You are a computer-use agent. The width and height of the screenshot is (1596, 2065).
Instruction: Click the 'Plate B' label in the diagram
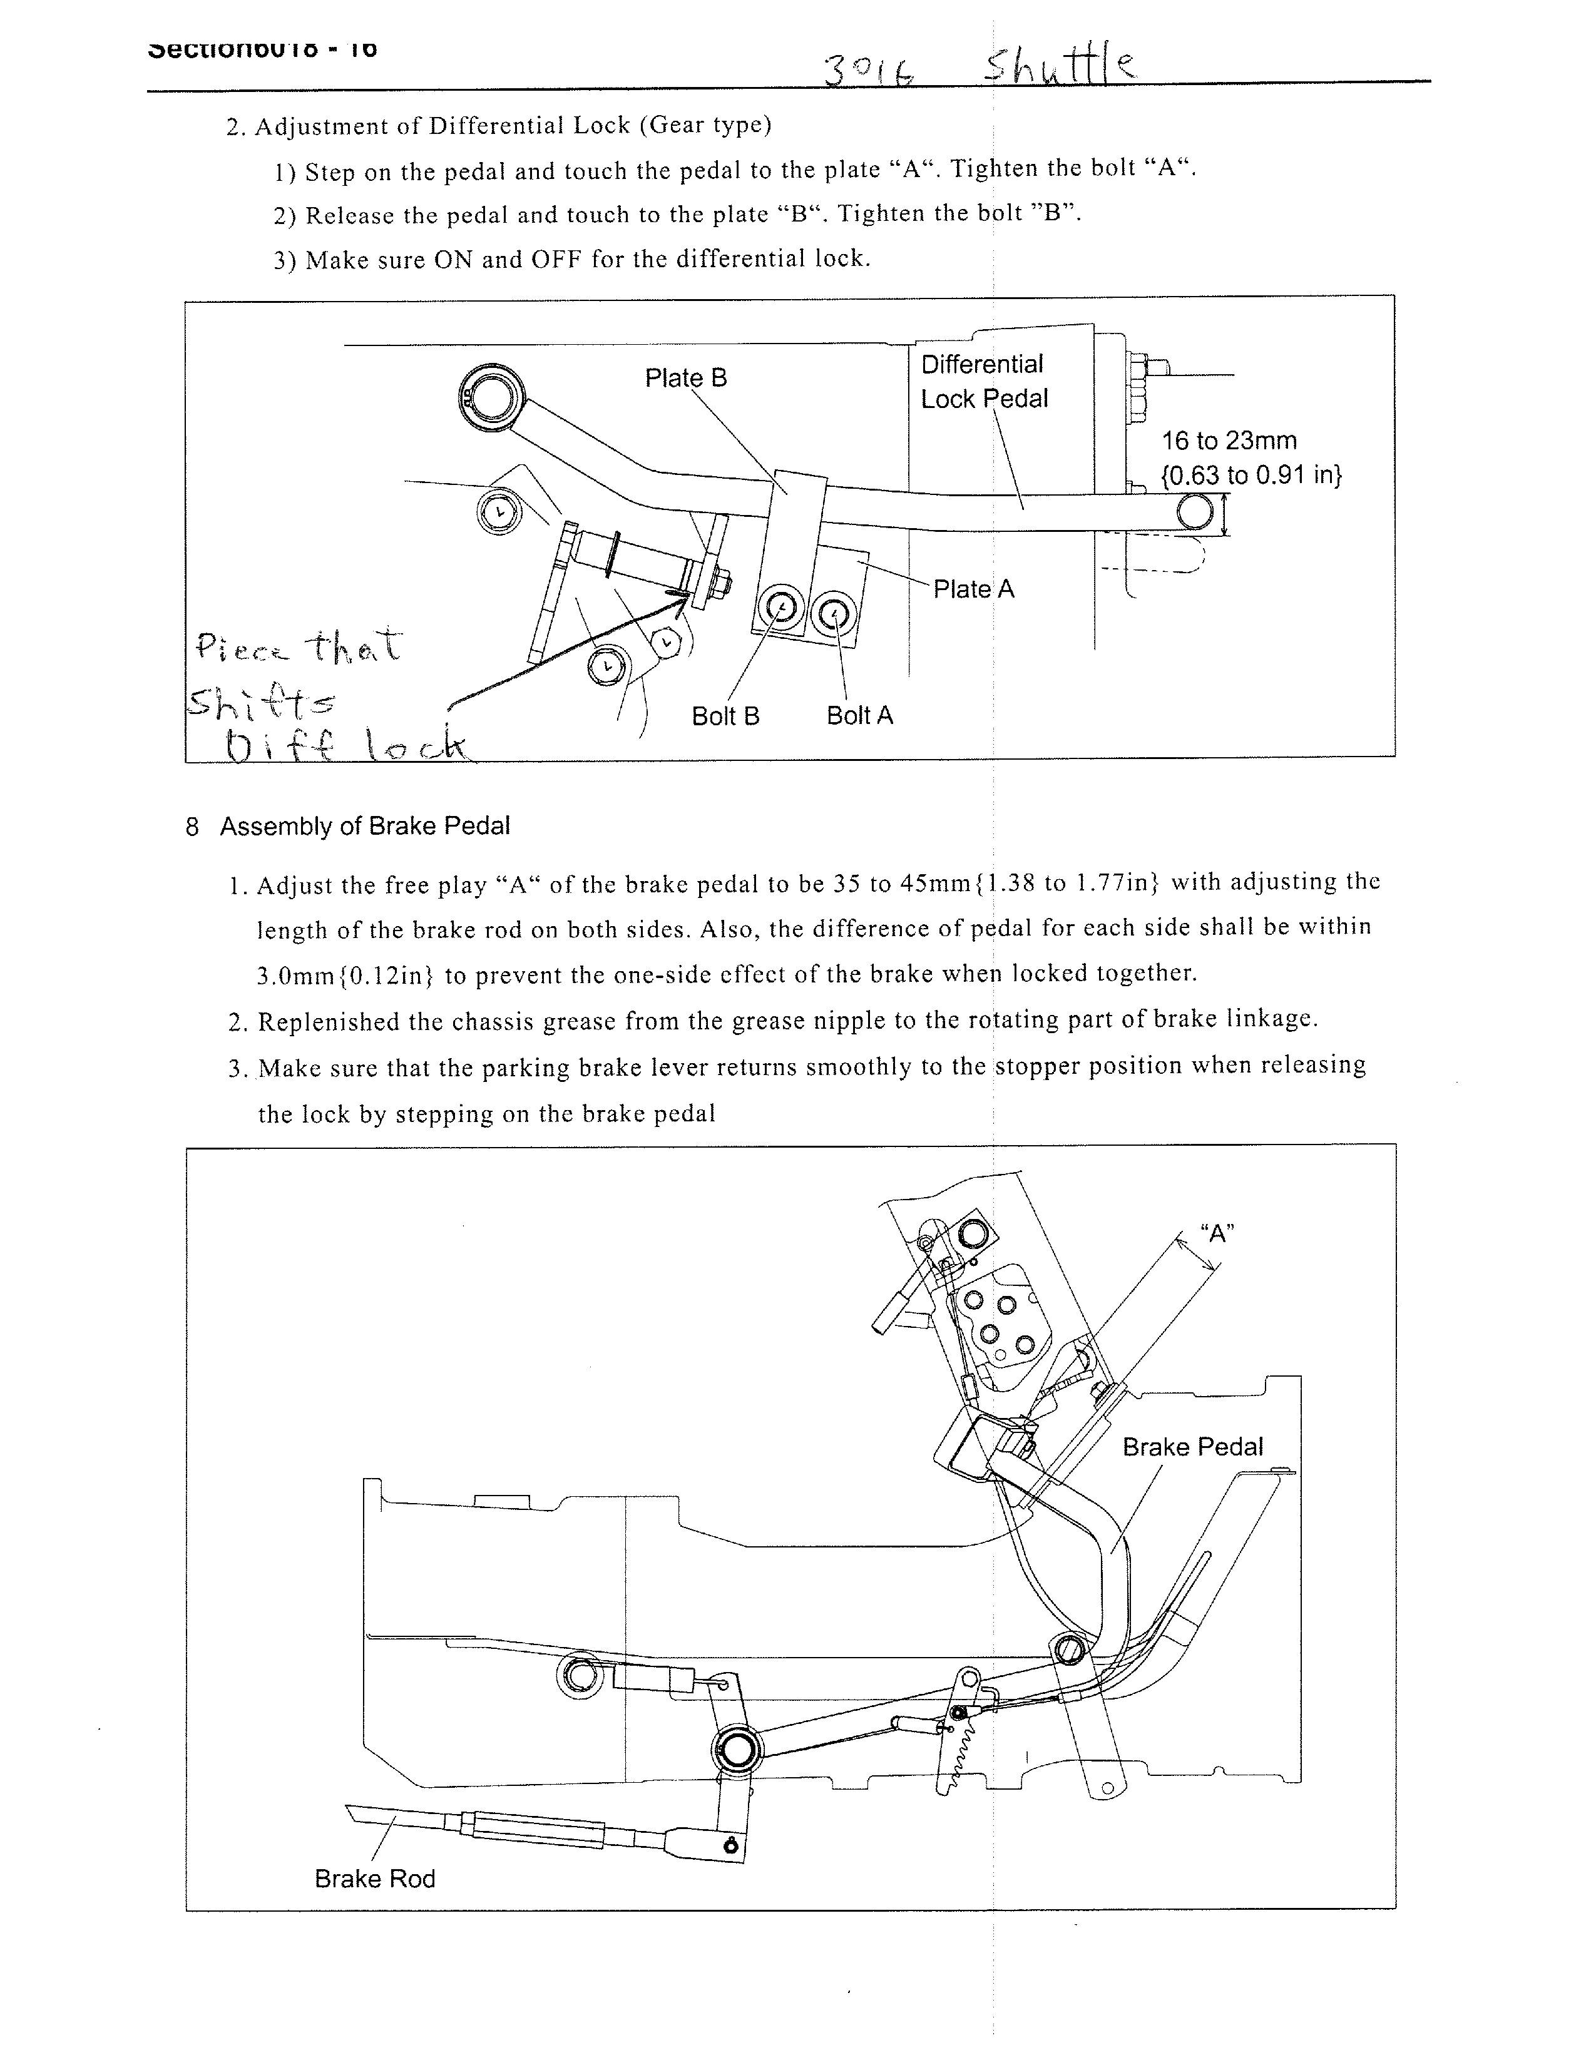685,378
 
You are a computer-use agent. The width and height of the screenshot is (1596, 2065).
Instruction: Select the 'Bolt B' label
725,716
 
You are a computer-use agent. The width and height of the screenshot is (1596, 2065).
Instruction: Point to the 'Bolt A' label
859,716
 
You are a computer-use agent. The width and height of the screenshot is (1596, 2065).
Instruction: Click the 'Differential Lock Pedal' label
983,381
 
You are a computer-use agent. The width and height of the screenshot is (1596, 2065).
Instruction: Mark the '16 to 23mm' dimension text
1229,441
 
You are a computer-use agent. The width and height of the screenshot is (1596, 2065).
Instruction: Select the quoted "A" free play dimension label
1217,1233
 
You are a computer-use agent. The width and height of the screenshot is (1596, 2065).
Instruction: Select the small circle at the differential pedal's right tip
1194,512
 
